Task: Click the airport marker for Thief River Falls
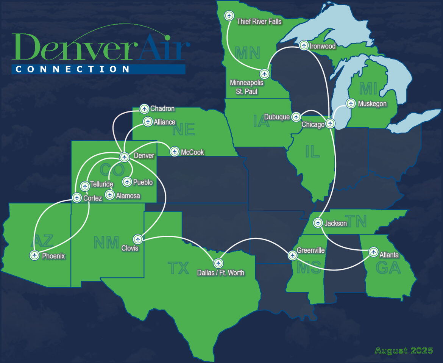tap(229, 16)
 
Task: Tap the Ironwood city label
tap(323, 46)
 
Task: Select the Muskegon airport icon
tap(351, 103)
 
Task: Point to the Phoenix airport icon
tap(34, 255)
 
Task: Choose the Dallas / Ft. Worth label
tap(221, 272)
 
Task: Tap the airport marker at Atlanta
tap(374, 252)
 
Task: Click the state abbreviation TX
tap(178, 268)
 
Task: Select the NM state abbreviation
tap(107, 242)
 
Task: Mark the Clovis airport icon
tap(138, 239)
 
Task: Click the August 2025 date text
tap(404, 350)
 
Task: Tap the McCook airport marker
tap(175, 152)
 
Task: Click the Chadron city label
tap(162, 109)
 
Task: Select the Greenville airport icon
tap(292, 255)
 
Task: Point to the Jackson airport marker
tap(318, 222)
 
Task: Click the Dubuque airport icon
tap(296, 117)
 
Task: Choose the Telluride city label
tap(102, 185)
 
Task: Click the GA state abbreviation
tap(389, 268)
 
